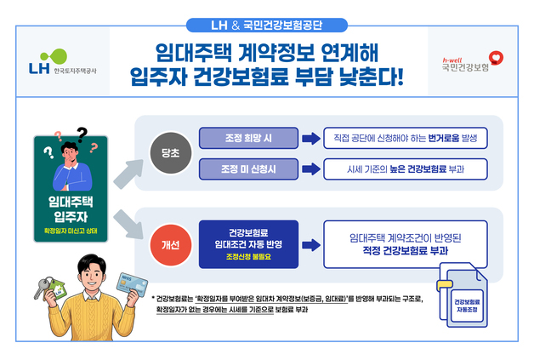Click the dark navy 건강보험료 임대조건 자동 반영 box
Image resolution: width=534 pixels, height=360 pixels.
249,244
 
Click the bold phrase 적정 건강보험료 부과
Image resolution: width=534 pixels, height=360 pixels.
405,252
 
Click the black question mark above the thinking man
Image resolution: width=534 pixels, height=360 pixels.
82,134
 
